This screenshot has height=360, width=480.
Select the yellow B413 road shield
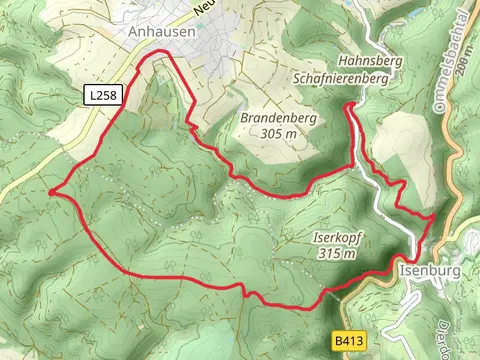tap(347, 341)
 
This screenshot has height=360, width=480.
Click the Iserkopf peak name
tap(336, 239)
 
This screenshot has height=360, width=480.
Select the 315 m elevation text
tap(335, 254)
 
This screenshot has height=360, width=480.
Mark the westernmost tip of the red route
tap(49, 190)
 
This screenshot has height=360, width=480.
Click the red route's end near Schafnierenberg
tap(346, 105)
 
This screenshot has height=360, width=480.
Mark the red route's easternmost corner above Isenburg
tap(433, 214)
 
